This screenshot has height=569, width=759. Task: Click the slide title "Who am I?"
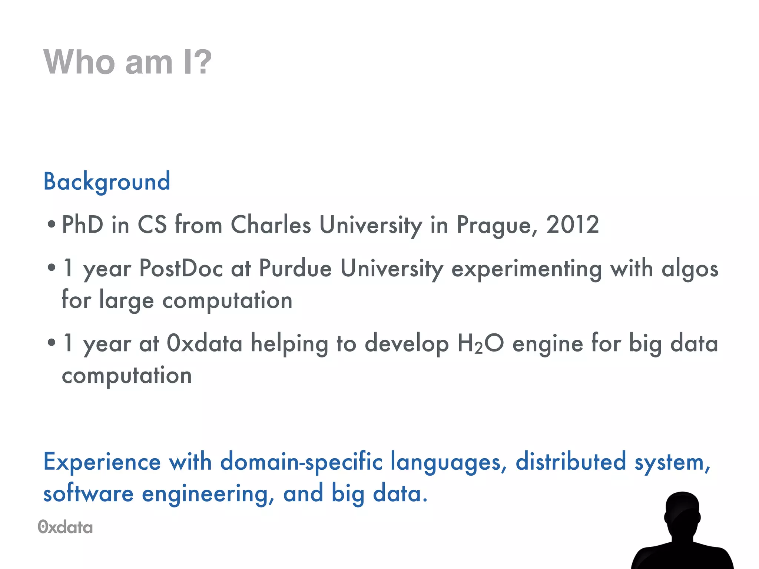[127, 62]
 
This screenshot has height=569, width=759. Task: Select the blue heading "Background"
[107, 182]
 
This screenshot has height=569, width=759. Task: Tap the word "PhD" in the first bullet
[82, 225]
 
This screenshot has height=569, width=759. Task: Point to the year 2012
[572, 225]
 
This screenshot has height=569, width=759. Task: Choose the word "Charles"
[271, 225]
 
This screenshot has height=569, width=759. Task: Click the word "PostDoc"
[181, 268]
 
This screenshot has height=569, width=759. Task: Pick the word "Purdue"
[295, 268]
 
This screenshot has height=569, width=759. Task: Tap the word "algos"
[690, 269]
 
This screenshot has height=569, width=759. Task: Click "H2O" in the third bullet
[481, 343]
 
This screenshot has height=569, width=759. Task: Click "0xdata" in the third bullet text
[204, 343]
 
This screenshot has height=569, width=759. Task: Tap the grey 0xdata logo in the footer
[65, 527]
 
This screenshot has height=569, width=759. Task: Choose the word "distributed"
[571, 462]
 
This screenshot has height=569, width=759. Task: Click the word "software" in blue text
[88, 494]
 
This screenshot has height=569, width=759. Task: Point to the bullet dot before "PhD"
[52, 224]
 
